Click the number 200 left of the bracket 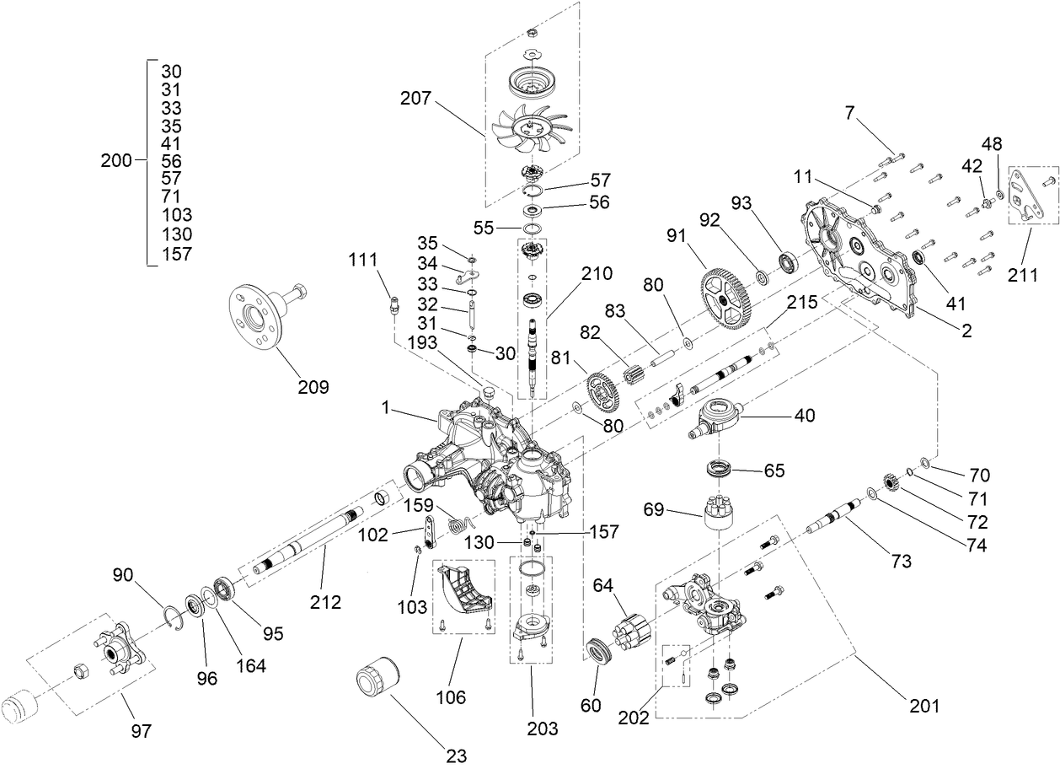[x=116, y=160]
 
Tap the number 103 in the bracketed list [x=175, y=215]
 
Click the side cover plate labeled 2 [x=855, y=261]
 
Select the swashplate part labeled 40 [x=716, y=417]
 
